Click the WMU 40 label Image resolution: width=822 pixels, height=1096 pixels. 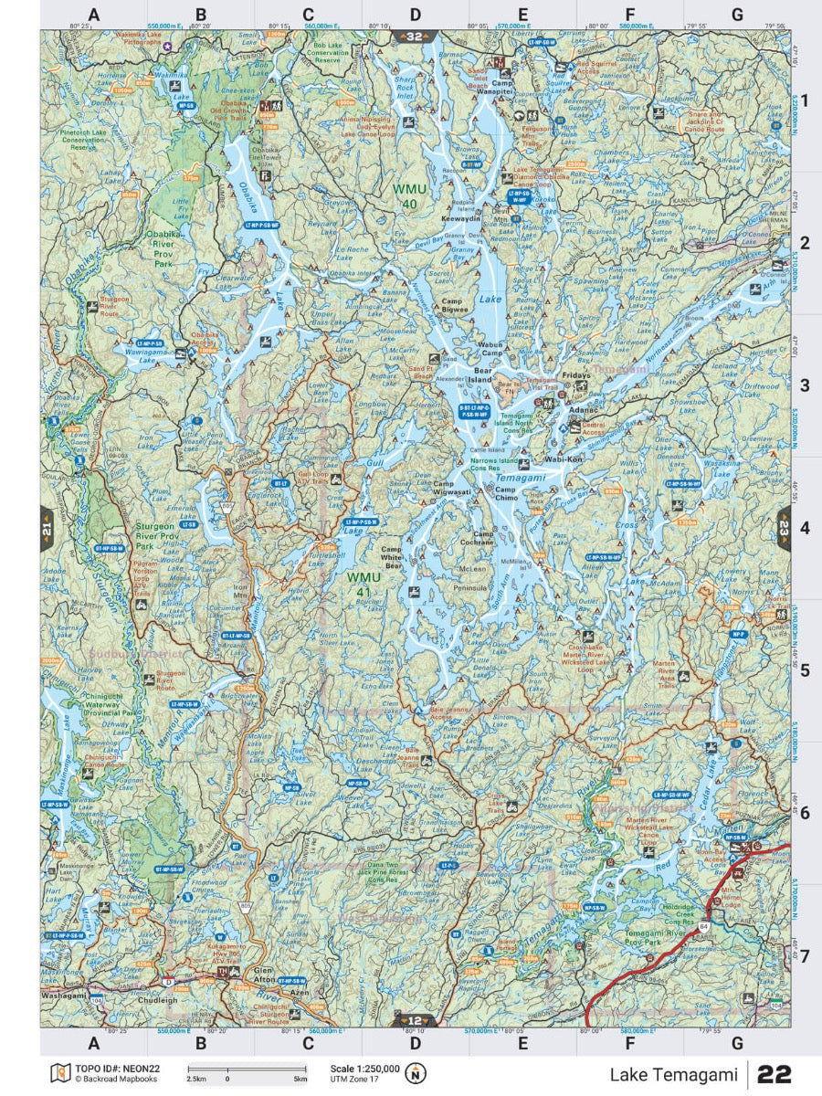coord(408,195)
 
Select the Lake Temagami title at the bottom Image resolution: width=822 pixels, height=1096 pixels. coord(673,1075)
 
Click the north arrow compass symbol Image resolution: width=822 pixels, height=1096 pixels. coord(417,1072)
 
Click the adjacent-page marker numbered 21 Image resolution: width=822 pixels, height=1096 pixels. coord(47,528)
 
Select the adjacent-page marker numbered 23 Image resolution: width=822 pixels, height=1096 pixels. coord(784,527)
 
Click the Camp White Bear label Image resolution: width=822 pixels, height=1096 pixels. coord(392,557)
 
